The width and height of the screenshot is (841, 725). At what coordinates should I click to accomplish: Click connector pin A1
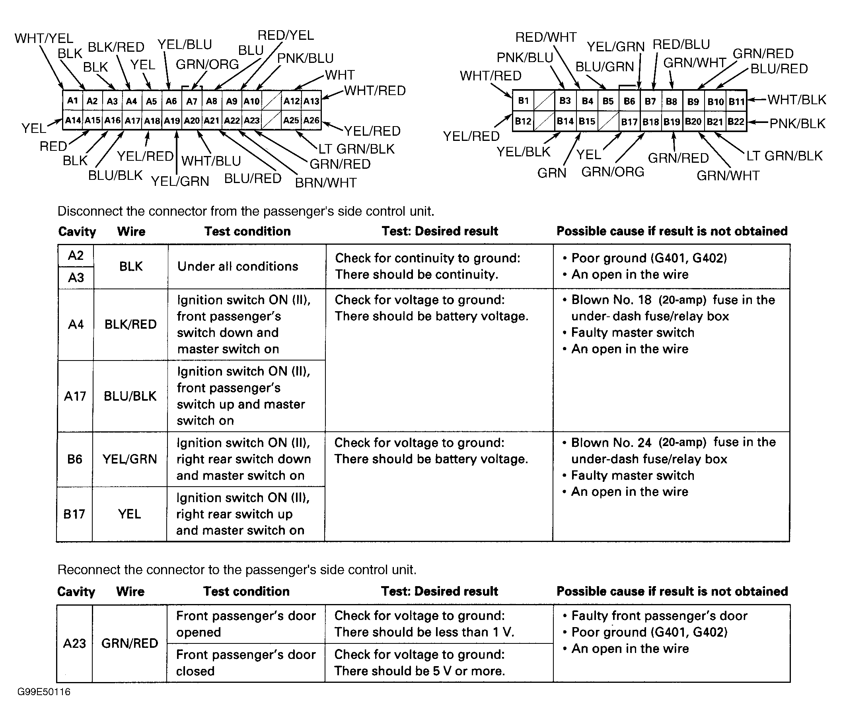[73, 101]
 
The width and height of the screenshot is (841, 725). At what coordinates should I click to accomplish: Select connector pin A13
[311, 101]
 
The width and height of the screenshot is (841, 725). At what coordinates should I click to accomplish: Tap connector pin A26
[311, 121]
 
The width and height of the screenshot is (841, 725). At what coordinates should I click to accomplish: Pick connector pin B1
[524, 101]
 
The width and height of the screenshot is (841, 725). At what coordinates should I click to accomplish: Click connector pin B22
[736, 121]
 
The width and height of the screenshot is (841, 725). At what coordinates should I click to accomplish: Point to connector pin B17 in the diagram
[629, 121]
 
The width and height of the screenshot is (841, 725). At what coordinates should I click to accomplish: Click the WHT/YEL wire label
[44, 39]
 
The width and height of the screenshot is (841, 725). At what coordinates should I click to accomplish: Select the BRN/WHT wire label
[325, 183]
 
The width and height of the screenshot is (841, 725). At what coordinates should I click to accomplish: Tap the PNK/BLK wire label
[797, 123]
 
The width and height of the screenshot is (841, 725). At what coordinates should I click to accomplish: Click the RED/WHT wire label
[545, 37]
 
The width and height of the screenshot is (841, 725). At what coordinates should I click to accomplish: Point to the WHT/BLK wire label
[796, 100]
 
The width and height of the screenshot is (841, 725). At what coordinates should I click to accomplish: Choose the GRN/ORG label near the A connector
[207, 64]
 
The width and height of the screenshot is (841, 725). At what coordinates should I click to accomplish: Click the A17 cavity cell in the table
[76, 396]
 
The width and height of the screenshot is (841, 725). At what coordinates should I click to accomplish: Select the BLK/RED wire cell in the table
[130, 324]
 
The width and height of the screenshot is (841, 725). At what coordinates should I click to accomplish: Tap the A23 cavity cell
[75, 643]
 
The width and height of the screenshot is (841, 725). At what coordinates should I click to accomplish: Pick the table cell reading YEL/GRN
[129, 459]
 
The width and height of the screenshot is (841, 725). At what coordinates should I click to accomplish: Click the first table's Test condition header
[247, 231]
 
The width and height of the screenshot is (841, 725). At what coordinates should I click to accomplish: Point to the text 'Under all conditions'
[238, 266]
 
